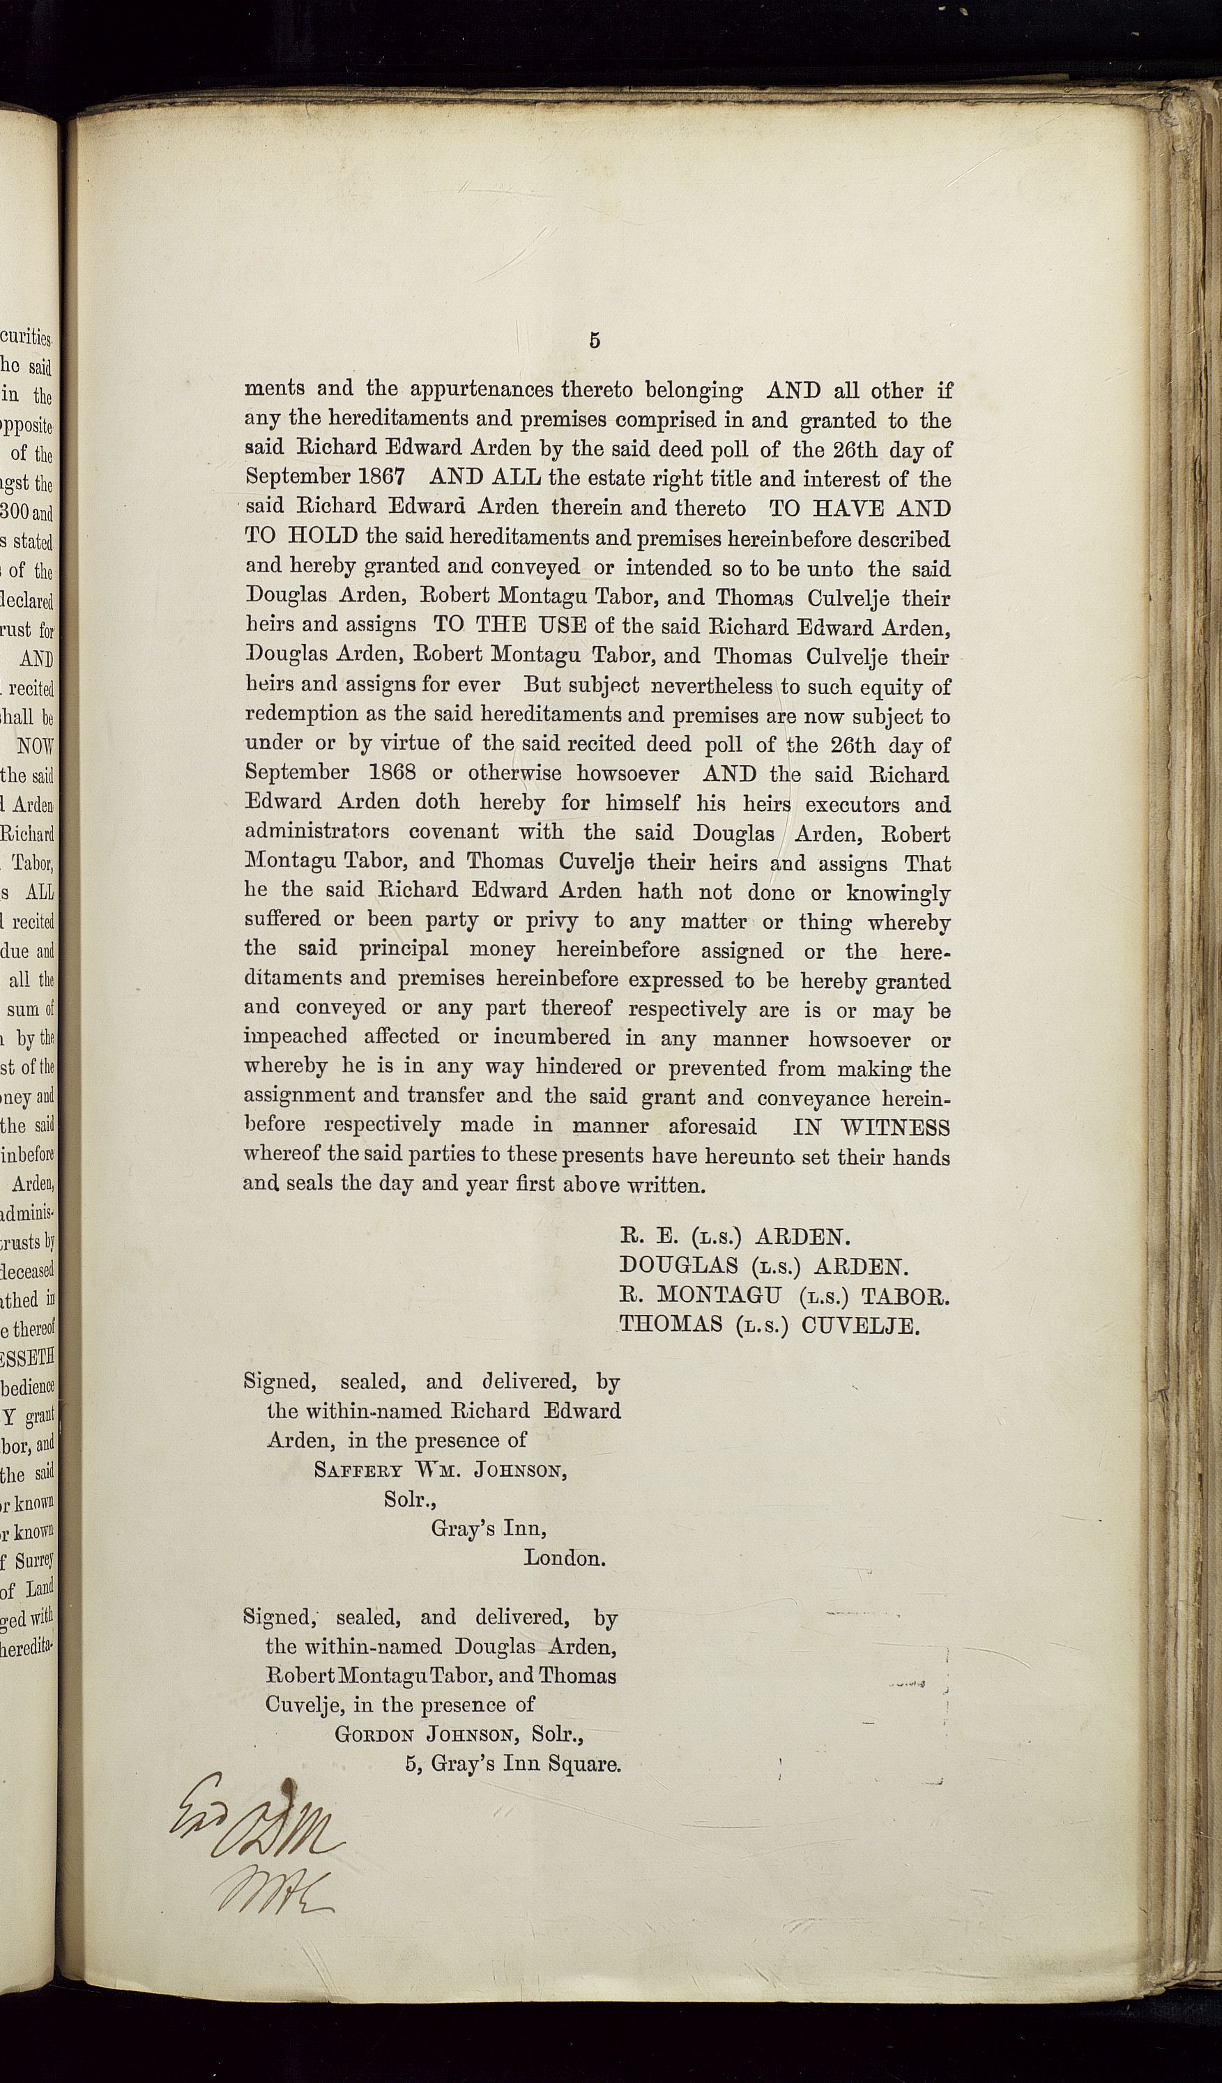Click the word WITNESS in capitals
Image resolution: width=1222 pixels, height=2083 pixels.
pos(896,1128)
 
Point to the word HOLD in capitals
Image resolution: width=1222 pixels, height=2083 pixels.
pos(323,536)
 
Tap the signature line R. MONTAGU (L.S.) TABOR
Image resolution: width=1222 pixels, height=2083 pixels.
pos(784,1296)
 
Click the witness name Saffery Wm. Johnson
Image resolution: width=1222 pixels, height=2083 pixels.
pos(440,1470)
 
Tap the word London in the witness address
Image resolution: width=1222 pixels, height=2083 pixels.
pos(564,1558)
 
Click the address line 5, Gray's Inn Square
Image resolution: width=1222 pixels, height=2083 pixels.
pos(512,1763)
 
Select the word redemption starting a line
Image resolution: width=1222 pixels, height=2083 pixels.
pos(301,714)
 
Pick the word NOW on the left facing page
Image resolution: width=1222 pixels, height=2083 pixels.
pos(36,746)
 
